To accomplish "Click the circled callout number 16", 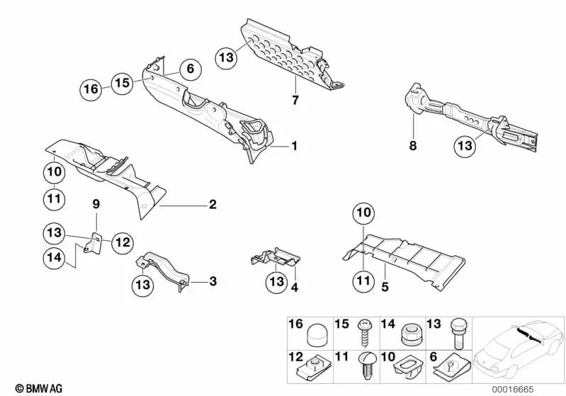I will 90,90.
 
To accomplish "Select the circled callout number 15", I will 123,82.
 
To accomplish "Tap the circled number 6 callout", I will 190,69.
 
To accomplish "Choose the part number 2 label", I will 212,205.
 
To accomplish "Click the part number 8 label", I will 413,147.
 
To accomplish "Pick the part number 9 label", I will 96,205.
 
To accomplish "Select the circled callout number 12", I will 122,243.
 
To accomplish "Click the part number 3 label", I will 212,281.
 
